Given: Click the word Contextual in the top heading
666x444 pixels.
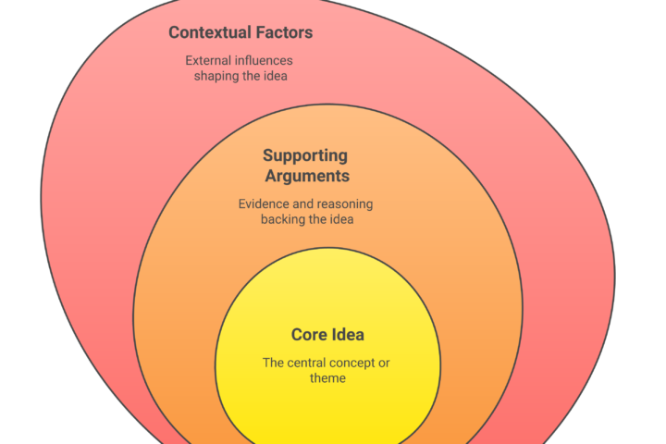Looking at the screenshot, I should [210, 33].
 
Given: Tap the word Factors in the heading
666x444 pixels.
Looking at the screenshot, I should [283, 33].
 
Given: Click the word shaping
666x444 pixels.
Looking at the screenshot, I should [216, 76].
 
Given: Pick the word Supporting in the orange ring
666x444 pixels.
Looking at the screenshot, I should [305, 156].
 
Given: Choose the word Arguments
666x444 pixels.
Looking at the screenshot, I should [305, 176].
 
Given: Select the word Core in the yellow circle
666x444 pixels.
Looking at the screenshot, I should [309, 335].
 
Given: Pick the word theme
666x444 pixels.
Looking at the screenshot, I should [329, 377].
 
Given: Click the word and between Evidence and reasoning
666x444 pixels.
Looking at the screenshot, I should [303, 203].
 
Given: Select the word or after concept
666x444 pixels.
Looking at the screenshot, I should [385, 363].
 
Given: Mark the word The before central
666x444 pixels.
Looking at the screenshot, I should [275, 363].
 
